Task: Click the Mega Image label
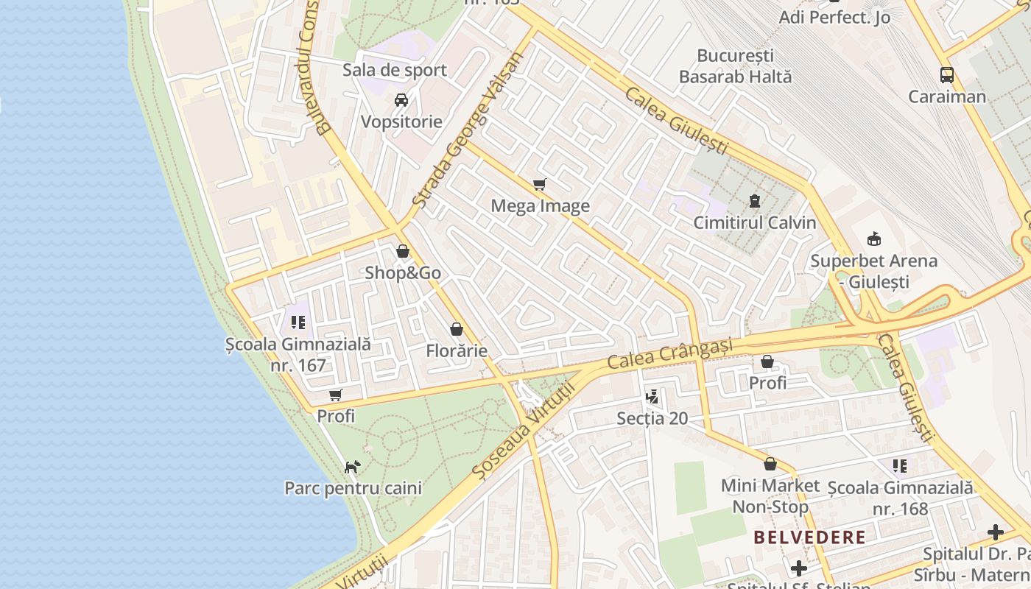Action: point(540,206)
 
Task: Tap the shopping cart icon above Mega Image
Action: point(540,184)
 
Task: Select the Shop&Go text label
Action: point(403,273)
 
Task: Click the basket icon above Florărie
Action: point(457,329)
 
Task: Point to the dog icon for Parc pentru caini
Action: point(353,467)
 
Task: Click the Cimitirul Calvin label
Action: point(754,222)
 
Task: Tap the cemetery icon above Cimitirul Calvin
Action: point(754,200)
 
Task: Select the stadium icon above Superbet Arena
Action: point(874,239)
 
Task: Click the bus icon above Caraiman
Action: point(947,74)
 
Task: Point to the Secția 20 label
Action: point(652,419)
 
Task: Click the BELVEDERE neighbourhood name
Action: point(810,537)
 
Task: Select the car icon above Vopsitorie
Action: point(401,100)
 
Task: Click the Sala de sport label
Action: point(394,70)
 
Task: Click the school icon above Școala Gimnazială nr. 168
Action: point(900,465)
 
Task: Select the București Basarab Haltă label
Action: point(734,66)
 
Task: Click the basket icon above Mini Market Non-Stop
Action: point(770,464)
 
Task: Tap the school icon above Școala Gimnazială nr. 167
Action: point(298,322)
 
